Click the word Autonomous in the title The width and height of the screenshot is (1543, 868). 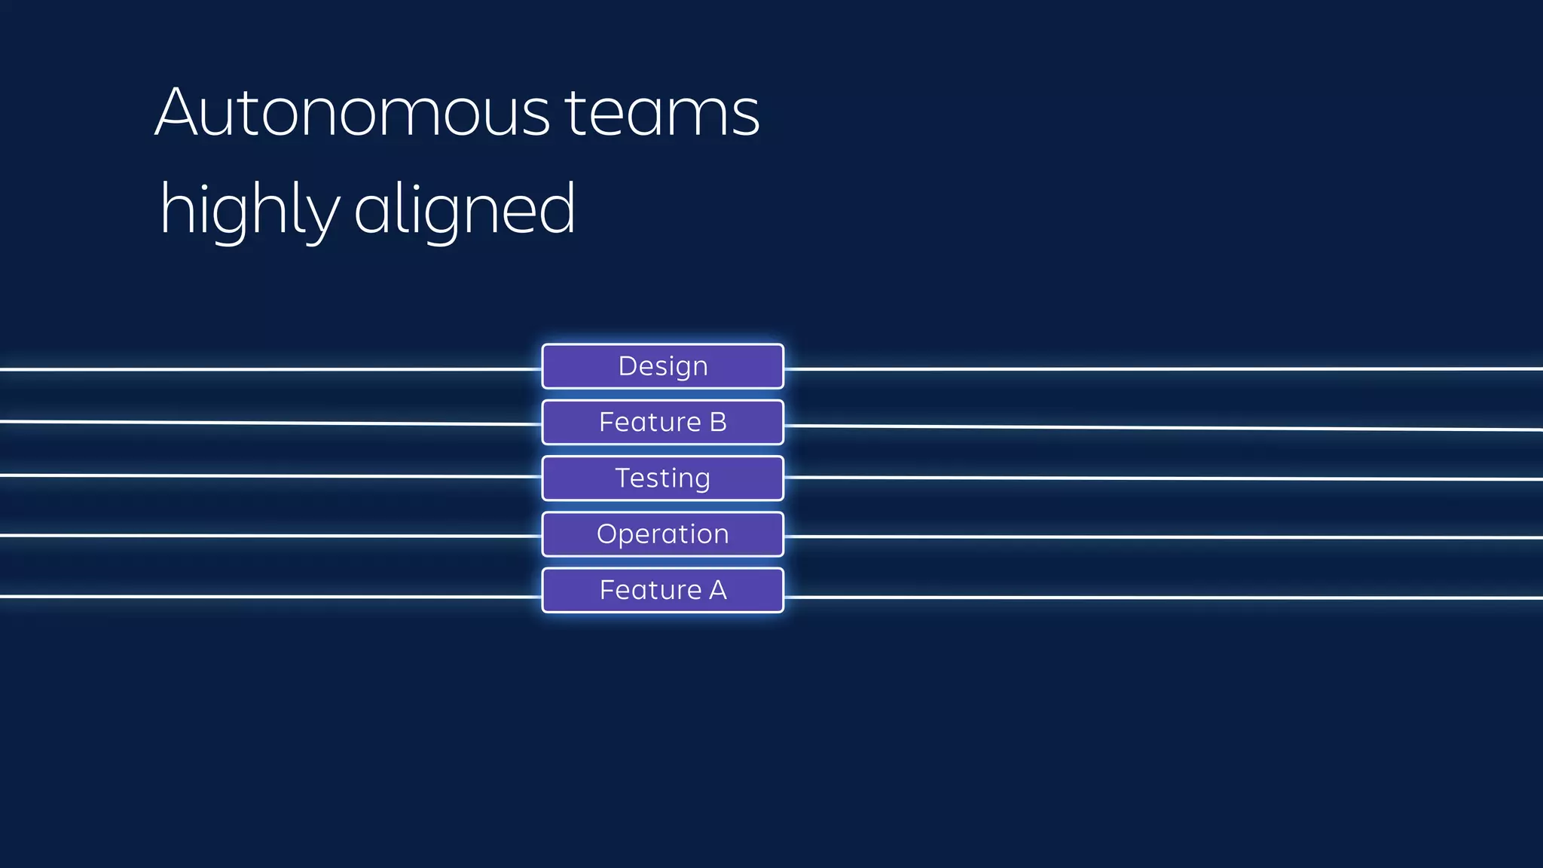353,113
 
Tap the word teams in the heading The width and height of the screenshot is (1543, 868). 662,113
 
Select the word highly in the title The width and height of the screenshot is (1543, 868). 249,209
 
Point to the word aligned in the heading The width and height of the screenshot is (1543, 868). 464,209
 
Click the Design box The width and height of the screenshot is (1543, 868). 662,366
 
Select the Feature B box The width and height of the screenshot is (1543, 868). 662,422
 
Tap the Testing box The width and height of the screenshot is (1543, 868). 662,478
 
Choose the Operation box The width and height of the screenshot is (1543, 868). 662,533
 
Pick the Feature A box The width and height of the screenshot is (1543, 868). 662,590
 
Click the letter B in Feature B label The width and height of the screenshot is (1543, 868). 718,422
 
